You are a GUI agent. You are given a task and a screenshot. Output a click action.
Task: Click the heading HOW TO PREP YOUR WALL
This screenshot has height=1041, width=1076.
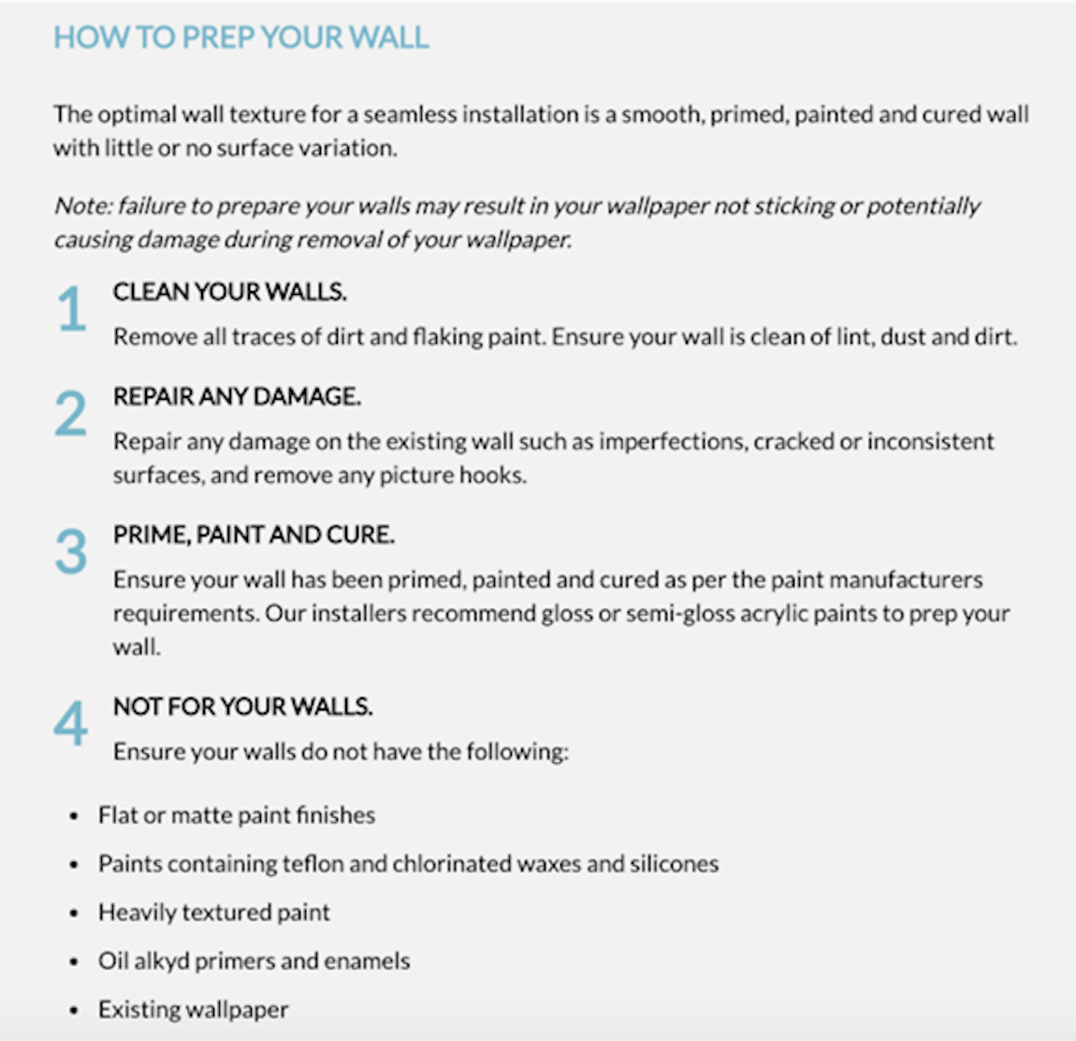[240, 37]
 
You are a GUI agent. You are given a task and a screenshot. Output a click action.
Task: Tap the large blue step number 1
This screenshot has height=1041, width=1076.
[71, 309]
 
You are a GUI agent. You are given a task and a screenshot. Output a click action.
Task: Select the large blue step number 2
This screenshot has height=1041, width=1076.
[71, 413]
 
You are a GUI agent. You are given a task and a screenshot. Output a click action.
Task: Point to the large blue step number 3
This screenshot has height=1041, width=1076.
[71, 551]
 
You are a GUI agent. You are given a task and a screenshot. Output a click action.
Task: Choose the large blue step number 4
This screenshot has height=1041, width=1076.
[71, 724]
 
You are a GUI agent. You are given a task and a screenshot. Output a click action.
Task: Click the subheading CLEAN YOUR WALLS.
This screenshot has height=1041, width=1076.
[229, 292]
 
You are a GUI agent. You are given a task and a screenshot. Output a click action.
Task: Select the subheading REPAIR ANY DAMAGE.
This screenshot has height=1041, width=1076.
[237, 397]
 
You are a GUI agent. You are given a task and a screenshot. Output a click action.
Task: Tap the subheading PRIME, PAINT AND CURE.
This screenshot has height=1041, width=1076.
[254, 535]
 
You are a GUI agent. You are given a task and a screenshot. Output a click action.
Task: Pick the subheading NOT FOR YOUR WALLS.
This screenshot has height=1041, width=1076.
[242, 707]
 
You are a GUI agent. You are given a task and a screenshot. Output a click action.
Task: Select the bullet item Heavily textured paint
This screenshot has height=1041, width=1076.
[213, 912]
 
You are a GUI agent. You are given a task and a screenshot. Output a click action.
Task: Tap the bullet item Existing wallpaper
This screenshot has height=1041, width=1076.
[193, 1009]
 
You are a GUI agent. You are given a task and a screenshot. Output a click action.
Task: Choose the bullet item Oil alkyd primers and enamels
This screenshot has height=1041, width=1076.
[254, 960]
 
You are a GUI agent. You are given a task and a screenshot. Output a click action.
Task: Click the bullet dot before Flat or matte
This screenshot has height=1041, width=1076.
[75, 816]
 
